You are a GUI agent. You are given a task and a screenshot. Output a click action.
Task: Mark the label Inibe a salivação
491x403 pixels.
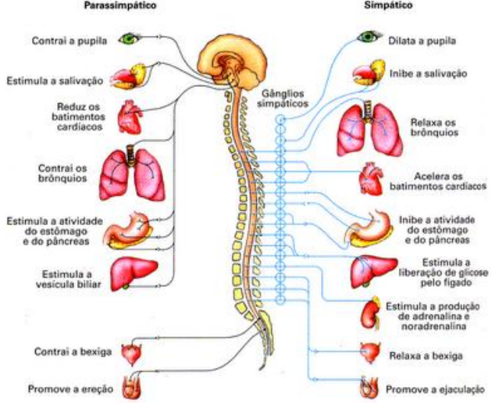point(429,73)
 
